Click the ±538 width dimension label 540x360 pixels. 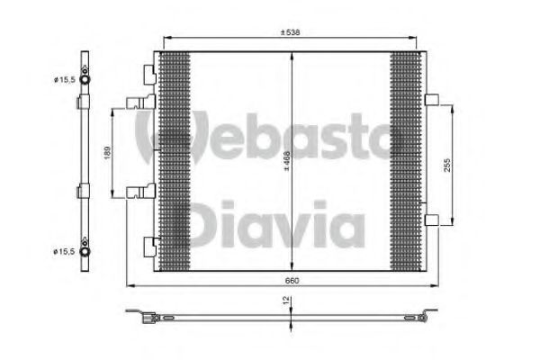(x=290, y=32)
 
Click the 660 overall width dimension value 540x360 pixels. (x=292, y=281)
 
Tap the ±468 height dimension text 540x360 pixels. (x=286, y=161)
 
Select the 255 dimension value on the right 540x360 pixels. (x=446, y=165)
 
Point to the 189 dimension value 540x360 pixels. (x=107, y=153)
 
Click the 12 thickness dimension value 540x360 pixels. (x=286, y=301)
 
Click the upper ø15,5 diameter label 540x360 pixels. (x=65, y=80)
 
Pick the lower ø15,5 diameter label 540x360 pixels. (x=64, y=252)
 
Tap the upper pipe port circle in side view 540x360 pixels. (x=85, y=79)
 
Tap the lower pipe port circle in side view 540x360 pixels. (x=85, y=251)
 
